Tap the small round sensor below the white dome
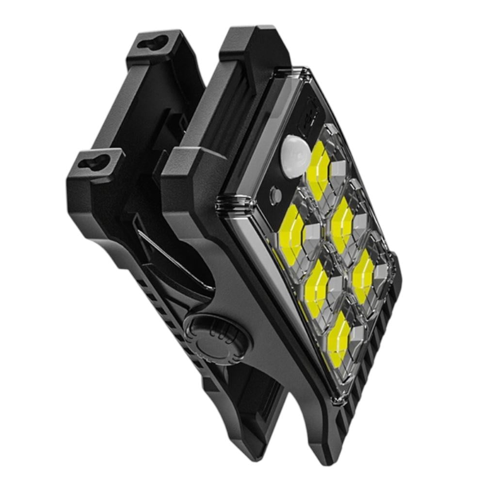(x=275, y=194)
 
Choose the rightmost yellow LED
(x=363, y=276)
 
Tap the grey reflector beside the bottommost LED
(x=356, y=335)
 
